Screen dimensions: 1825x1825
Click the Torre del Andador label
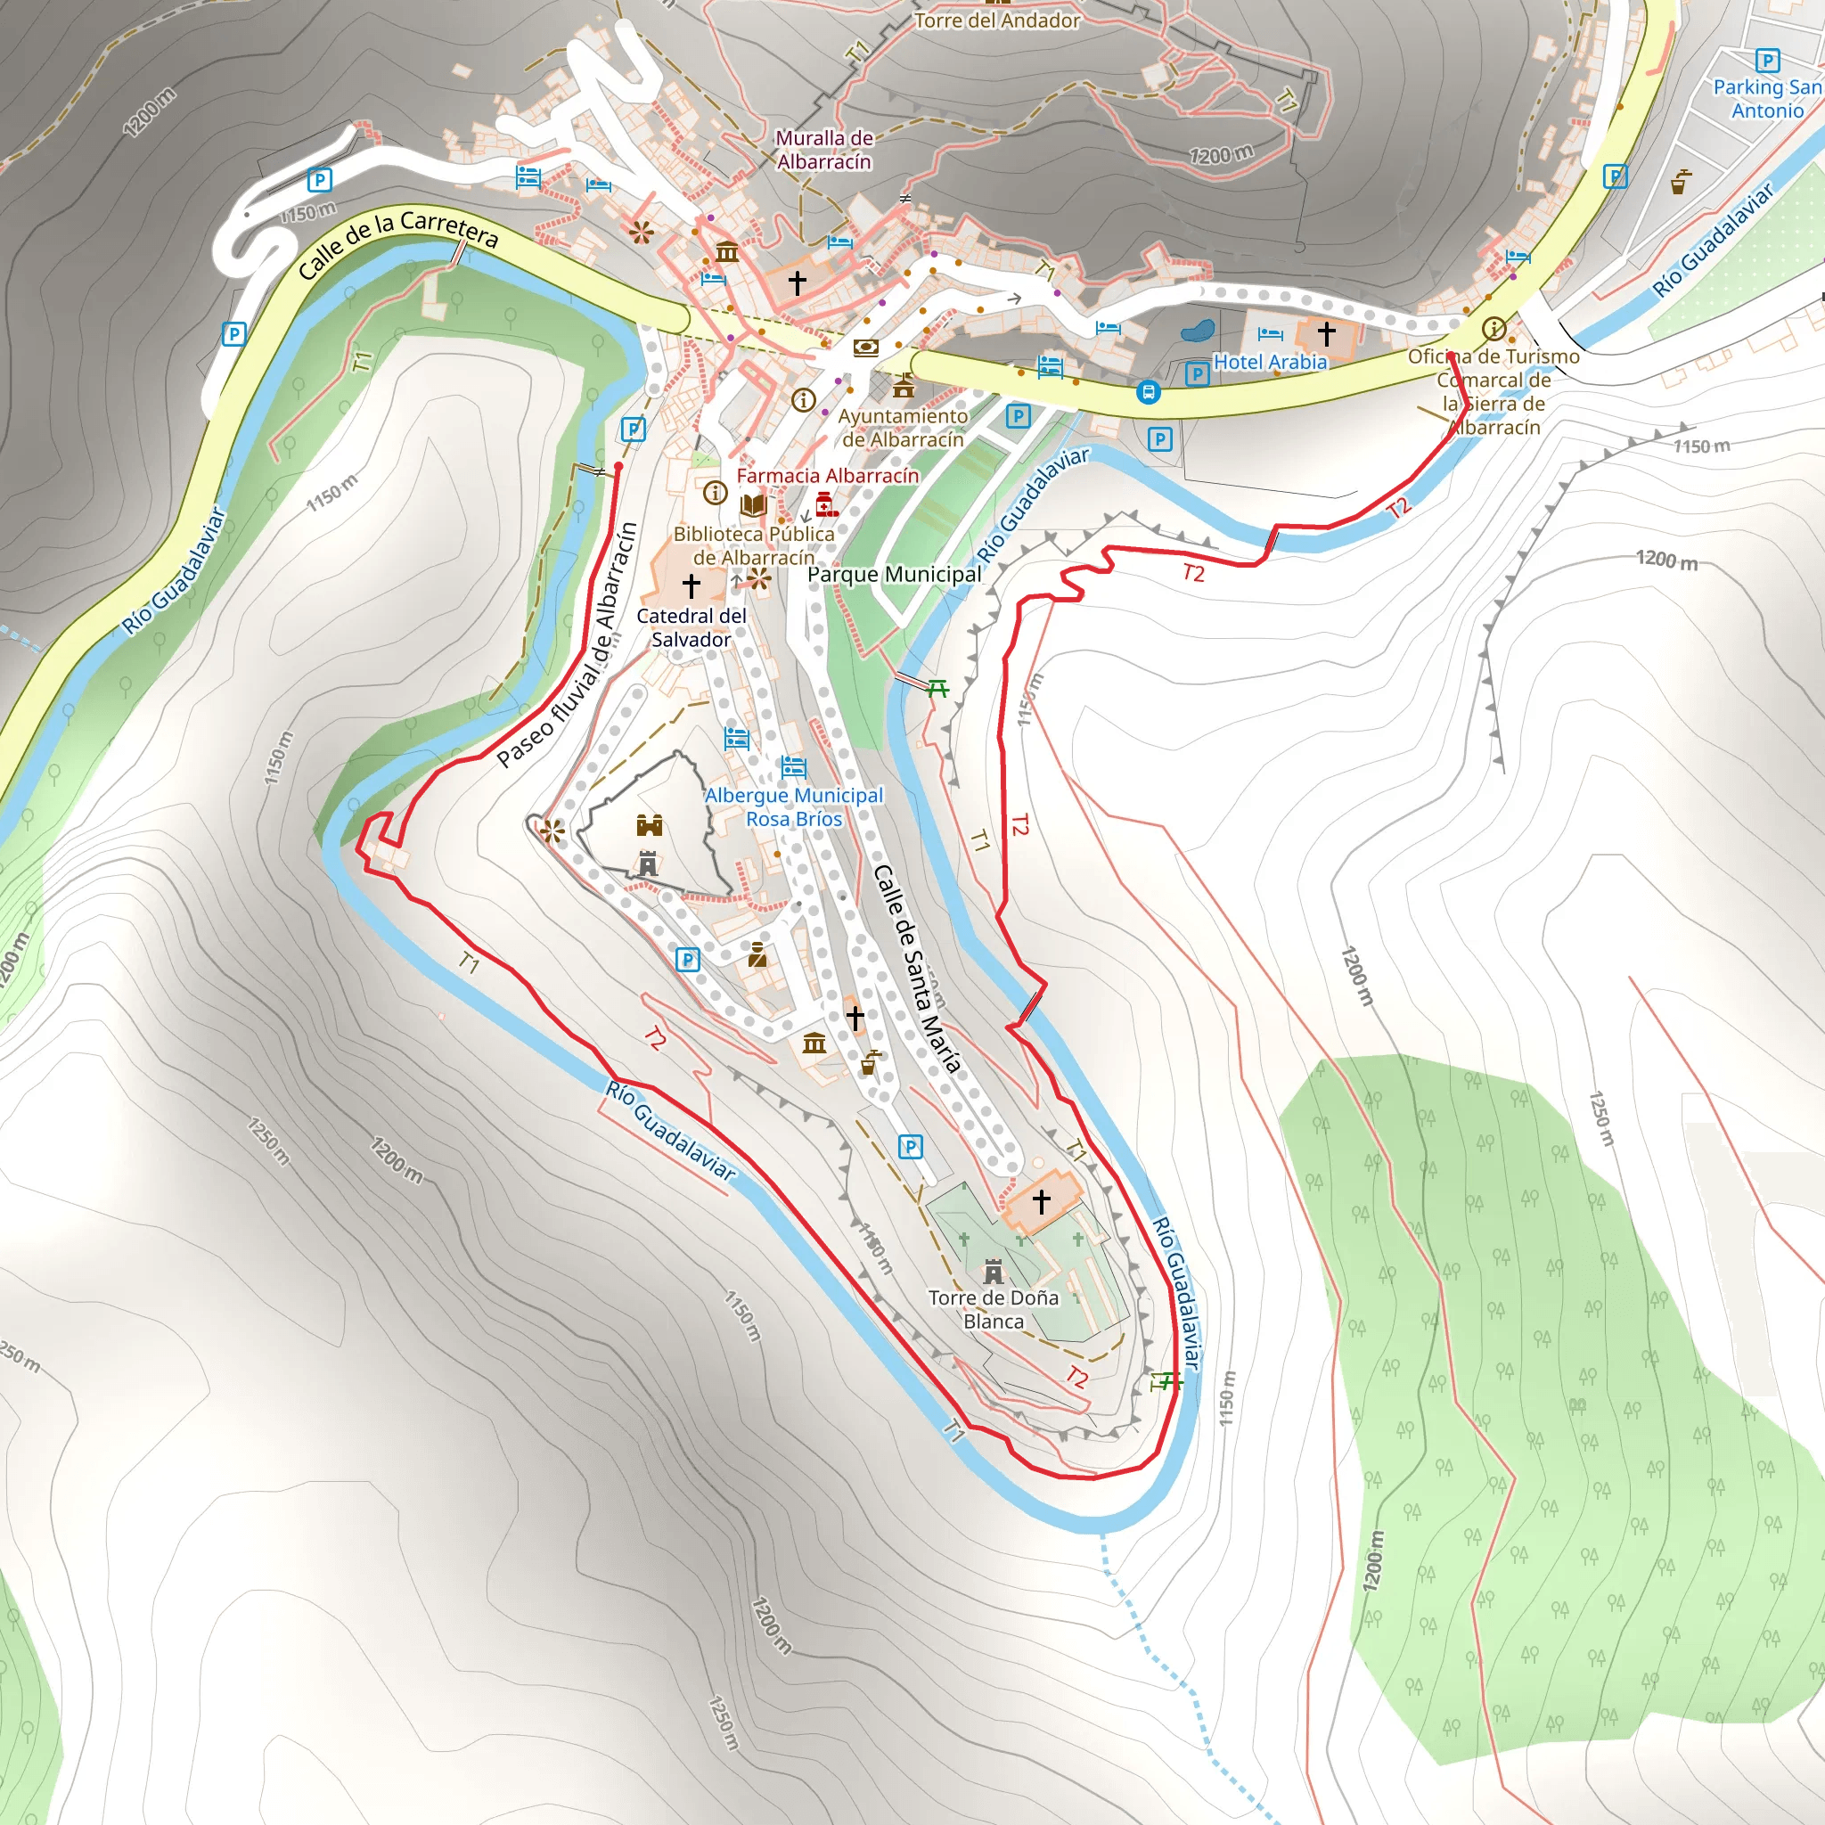(996, 20)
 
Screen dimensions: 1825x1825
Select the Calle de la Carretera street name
(397, 242)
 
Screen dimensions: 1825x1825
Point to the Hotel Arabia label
(1270, 362)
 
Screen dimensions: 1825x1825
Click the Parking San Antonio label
(1766, 98)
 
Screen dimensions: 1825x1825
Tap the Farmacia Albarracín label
(828, 476)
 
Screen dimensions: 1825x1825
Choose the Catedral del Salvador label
(692, 627)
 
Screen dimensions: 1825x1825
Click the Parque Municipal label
(895, 575)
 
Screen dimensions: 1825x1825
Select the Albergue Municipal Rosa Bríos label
(793, 806)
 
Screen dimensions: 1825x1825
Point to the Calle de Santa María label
(916, 969)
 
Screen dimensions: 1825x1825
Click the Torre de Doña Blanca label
(993, 1309)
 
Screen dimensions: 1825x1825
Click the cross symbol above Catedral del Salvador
(692, 585)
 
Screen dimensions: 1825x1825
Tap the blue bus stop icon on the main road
(1148, 391)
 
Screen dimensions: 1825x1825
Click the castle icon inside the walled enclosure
(649, 825)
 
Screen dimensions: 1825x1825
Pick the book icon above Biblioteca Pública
(753, 505)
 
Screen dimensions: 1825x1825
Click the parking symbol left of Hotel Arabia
(1197, 373)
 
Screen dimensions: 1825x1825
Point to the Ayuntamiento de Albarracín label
(903, 428)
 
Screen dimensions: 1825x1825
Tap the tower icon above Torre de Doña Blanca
(993, 1271)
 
